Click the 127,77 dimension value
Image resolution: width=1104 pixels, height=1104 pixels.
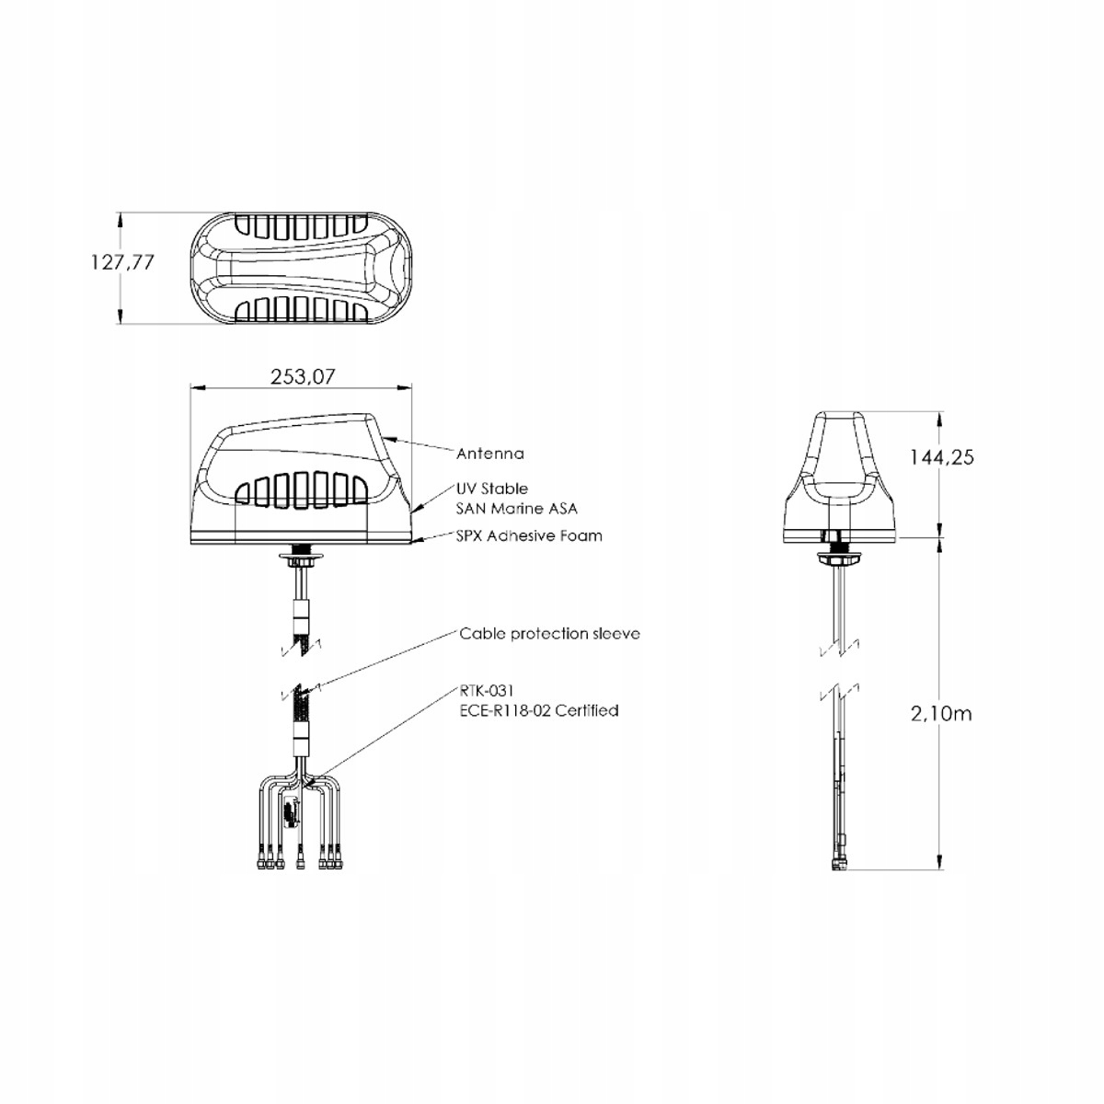pyautogui.click(x=122, y=262)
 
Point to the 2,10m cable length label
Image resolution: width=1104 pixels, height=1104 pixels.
pyautogui.click(x=940, y=713)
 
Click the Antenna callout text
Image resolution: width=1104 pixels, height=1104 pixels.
pyautogui.click(x=490, y=453)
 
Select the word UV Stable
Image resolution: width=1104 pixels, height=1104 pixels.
pyautogui.click(x=492, y=489)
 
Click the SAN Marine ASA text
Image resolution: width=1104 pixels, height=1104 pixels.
pyautogui.click(x=517, y=507)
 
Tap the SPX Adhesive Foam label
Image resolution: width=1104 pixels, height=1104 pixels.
pyautogui.click(x=530, y=535)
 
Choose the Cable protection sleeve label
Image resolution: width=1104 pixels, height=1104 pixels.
pyautogui.click(x=549, y=634)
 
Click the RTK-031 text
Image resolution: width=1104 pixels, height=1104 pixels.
pyautogui.click(x=485, y=692)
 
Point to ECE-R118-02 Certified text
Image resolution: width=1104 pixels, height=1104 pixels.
pyautogui.click(x=538, y=710)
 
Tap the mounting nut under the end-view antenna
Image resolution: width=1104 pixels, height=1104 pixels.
pyautogui.click(x=836, y=555)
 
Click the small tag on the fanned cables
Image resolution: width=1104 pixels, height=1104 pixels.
pyautogui.click(x=291, y=813)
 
